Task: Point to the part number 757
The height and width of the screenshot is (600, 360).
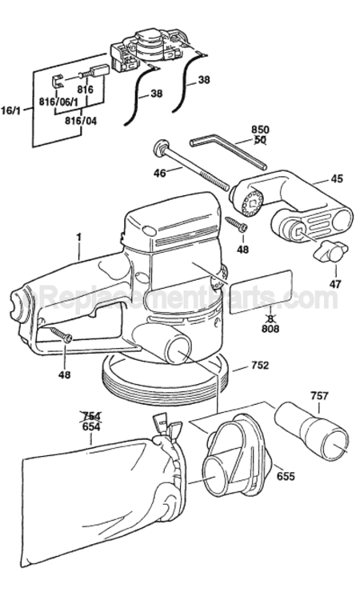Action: [320, 395]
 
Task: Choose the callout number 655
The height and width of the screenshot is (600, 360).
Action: [286, 475]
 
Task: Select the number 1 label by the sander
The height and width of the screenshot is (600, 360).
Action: [79, 237]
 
